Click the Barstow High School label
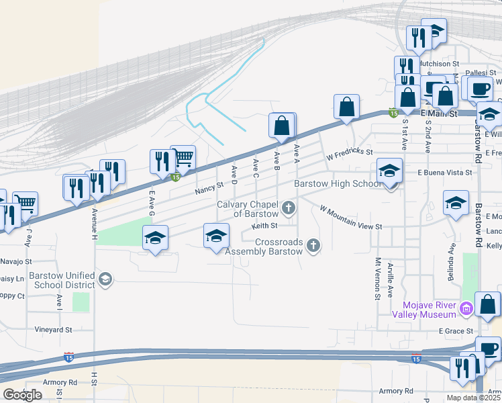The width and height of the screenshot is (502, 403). coord(338,184)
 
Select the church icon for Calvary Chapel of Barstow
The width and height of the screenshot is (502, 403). coord(289,208)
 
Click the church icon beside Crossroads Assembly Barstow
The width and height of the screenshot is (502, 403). coord(313,247)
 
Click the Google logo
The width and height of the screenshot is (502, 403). coord(22,395)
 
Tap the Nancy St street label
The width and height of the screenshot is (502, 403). coord(209,191)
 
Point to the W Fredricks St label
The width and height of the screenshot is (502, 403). coord(350,154)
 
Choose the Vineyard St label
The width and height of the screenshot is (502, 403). coord(54,330)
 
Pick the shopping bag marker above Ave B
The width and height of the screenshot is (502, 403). coord(283,126)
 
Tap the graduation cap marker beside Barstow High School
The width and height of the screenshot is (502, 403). coord(389,171)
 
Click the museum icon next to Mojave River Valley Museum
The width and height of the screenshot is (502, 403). coord(466,309)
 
